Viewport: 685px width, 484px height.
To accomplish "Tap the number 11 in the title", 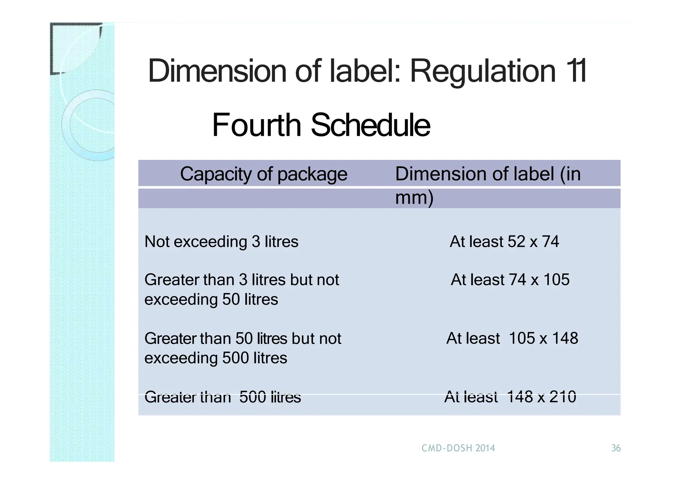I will pyautogui.click(x=577, y=71).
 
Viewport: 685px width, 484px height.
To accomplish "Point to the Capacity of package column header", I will pyautogui.click(x=264, y=174).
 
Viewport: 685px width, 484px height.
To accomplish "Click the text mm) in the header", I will pyautogui.click(x=414, y=198).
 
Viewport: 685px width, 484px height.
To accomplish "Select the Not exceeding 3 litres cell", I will pyautogui.click(x=221, y=241).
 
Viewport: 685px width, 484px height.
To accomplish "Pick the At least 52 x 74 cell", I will pyautogui.click(x=504, y=241).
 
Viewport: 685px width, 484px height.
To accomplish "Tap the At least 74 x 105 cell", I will pyautogui.click(x=510, y=280).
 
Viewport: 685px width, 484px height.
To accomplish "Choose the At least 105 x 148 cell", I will pyautogui.click(x=512, y=338).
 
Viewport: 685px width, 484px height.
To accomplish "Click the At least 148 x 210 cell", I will pyautogui.click(x=510, y=397).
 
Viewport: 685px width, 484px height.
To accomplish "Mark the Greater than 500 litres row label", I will pyautogui.click(x=222, y=397).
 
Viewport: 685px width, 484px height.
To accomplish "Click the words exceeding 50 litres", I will pyautogui.click(x=211, y=299).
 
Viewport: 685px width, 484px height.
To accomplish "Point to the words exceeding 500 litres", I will pyautogui.click(x=216, y=358).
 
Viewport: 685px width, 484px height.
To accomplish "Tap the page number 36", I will pyautogui.click(x=616, y=448).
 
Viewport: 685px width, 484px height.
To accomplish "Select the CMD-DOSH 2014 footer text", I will pyautogui.click(x=458, y=448).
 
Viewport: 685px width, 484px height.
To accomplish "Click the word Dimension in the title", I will pyautogui.click(x=217, y=71).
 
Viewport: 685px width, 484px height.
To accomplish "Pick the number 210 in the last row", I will pyautogui.click(x=563, y=397).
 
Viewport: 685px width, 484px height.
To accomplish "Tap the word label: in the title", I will pyautogui.click(x=365, y=71).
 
